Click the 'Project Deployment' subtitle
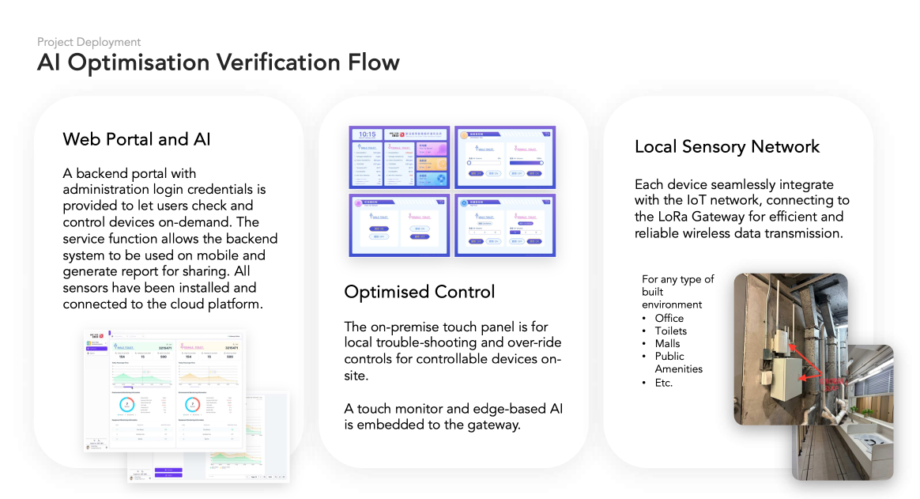(89, 42)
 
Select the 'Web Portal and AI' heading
(137, 140)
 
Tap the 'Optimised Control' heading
(420, 292)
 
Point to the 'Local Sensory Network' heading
(727, 146)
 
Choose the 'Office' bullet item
(669, 318)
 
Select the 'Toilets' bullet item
(671, 331)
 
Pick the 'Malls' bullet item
(667, 343)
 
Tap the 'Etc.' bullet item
(663, 382)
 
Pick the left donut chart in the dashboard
(127, 404)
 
